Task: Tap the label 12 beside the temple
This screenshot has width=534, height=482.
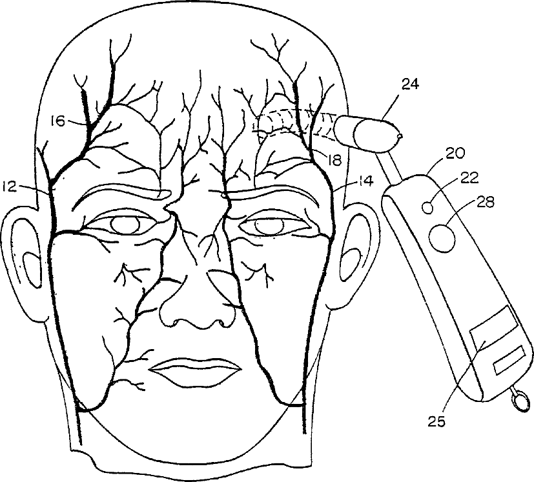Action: coord(10,187)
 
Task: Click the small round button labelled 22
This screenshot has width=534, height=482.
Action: coord(427,207)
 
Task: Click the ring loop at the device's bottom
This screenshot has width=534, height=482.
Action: coord(518,399)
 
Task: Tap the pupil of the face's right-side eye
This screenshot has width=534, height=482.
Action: coord(265,226)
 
